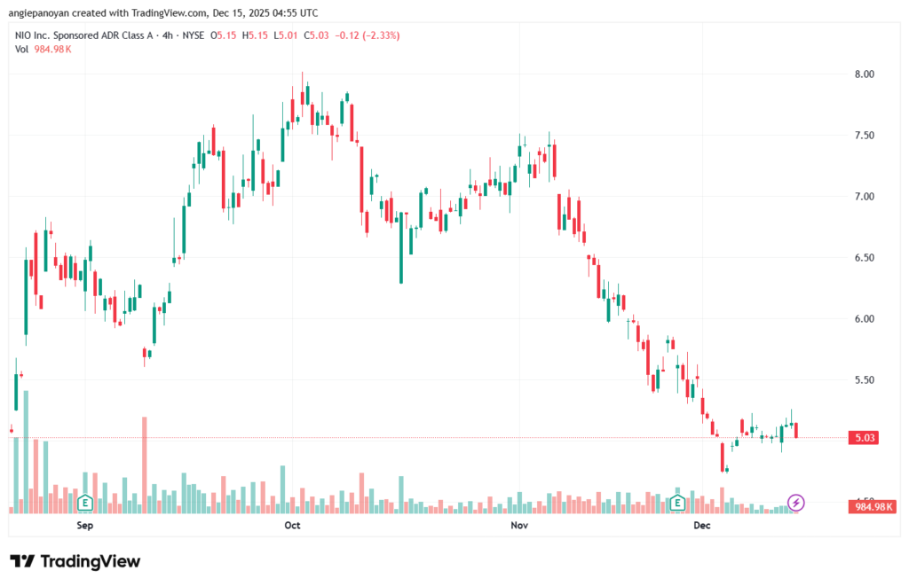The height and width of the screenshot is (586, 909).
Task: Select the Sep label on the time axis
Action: pos(85,526)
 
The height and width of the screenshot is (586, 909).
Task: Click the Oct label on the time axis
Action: pos(292,526)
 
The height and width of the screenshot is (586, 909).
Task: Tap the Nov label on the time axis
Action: pos(519,526)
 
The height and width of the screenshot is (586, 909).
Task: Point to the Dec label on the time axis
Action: pos(702,526)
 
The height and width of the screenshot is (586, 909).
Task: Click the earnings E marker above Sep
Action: pos(86,503)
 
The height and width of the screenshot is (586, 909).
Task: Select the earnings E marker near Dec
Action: pos(677,503)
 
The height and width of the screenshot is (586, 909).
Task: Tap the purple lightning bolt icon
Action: pos(796,503)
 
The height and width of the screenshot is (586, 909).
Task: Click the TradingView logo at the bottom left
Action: pos(75,561)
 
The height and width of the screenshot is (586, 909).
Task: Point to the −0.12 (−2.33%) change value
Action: pos(365,35)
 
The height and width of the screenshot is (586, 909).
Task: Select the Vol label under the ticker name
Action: pos(22,49)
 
